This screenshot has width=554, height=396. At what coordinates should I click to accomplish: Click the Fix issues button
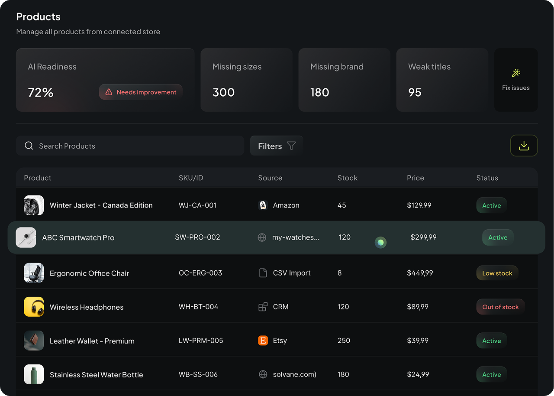pos(516,80)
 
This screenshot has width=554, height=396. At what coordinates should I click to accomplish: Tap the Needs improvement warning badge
pos(141,92)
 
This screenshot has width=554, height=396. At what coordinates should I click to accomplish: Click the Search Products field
pos(130,146)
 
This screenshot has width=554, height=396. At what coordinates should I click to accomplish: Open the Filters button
pos(277,146)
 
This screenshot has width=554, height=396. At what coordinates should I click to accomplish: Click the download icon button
pos(524,146)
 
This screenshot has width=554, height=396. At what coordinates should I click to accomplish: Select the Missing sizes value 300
pos(223,92)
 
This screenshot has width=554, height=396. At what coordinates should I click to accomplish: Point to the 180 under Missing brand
pos(320,92)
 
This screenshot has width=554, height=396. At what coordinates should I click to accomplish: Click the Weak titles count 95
pos(415,92)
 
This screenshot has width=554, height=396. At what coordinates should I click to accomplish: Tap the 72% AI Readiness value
pos(41,92)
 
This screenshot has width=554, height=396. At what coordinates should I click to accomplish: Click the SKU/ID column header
pos(191,178)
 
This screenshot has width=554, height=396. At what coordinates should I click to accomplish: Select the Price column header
pos(415,178)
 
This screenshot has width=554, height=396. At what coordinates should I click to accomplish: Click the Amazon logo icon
pos(263,205)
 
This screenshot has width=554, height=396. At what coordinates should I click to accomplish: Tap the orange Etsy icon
pos(263,341)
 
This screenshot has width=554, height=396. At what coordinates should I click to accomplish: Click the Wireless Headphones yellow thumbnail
pos(34,307)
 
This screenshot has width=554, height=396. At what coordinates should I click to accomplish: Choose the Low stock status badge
pos(497,273)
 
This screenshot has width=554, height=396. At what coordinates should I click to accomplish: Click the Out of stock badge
pos(500,307)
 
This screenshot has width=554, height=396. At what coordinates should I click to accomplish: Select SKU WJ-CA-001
pos(197,205)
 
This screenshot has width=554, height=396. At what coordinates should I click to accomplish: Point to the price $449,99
pos(420,273)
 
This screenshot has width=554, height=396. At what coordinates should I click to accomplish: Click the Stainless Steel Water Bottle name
pos(96,375)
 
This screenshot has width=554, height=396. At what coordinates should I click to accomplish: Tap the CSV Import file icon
pos(263,273)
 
